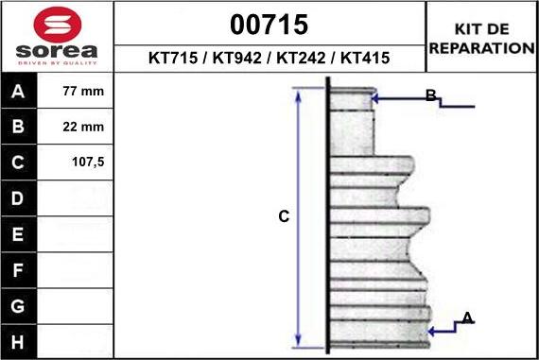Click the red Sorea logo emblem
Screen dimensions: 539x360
pos(58,25)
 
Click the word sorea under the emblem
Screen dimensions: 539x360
pos(57,51)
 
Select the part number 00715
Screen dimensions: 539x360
pos(269,25)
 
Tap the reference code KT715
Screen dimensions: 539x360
pos(173,58)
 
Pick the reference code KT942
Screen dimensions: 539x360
pos(237,58)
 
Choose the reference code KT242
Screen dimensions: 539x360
pos(301,58)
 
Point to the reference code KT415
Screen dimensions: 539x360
pos(365,58)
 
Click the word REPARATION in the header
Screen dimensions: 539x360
pos(482,48)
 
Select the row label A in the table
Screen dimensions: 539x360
pos(18,92)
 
